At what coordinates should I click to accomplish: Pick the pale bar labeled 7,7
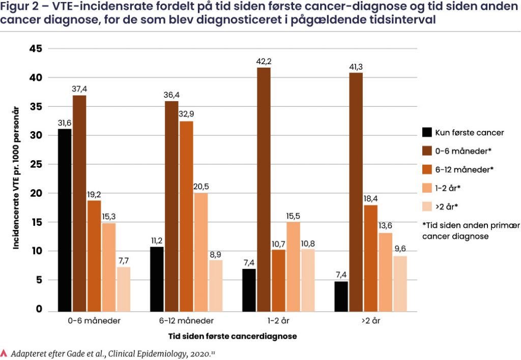point(123,289)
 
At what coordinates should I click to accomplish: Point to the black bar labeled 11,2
point(157,279)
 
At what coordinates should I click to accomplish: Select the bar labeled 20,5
point(200,252)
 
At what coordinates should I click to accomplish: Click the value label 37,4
point(79,89)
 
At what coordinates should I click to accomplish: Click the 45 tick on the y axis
point(36,49)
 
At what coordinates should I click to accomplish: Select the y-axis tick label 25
point(36,165)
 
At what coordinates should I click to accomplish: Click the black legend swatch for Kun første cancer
point(427,133)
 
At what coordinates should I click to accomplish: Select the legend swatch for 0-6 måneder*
point(427,151)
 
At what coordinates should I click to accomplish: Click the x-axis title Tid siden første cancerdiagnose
point(233,336)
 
